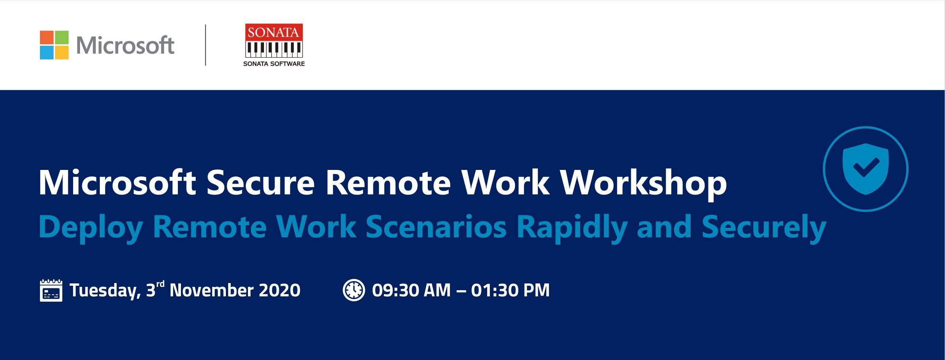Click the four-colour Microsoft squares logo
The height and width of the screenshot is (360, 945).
[54, 45]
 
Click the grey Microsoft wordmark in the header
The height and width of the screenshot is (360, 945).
[125, 45]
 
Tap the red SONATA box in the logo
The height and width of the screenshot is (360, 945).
[274, 32]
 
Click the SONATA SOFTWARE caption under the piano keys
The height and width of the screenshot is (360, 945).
[274, 64]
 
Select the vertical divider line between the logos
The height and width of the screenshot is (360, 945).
[206, 45]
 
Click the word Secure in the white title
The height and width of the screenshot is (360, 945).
[261, 183]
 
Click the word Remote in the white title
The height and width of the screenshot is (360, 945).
[388, 183]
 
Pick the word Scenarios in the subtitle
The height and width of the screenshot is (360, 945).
[436, 227]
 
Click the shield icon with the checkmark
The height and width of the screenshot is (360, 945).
[866, 169]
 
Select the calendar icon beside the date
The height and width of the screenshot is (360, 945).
[51, 290]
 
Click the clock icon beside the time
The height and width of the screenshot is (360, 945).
[354, 290]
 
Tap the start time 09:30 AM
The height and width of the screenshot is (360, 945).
[411, 290]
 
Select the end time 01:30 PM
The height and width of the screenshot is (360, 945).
[510, 290]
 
